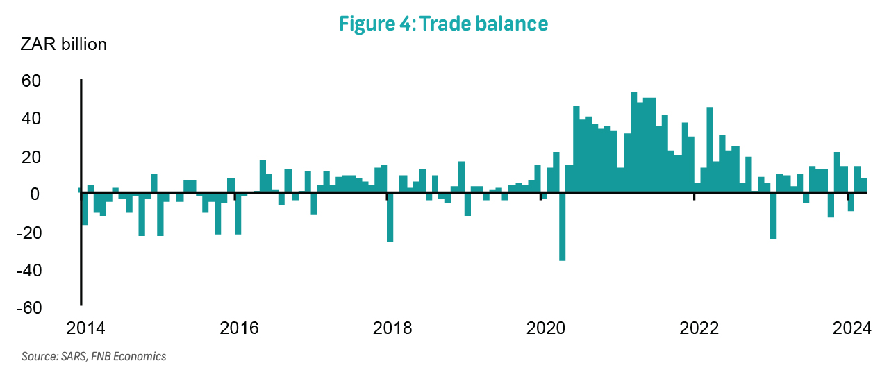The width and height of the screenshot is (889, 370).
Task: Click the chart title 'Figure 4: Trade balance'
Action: tap(443, 24)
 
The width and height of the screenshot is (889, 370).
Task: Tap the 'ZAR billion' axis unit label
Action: tap(64, 45)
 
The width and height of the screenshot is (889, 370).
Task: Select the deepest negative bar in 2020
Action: tap(563, 227)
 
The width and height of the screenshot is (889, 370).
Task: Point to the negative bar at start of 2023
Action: tap(773, 216)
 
